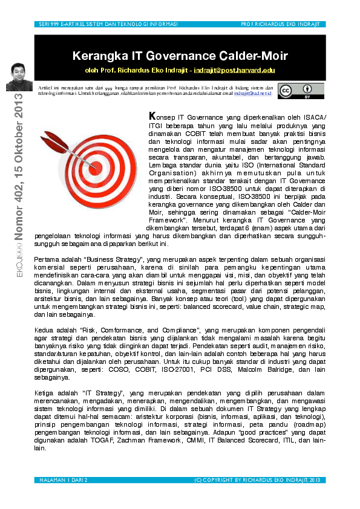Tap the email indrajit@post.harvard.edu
[234, 71]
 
